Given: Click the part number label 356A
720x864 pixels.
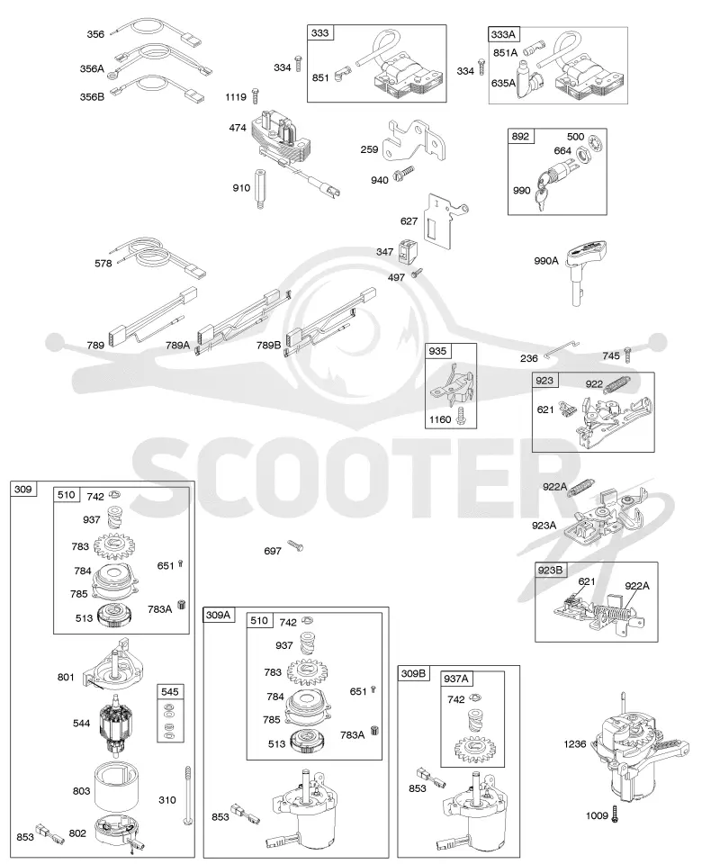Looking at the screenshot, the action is pos(92,69).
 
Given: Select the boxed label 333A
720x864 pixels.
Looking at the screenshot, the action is pos(503,35).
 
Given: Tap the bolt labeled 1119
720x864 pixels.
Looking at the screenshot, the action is pos(255,95).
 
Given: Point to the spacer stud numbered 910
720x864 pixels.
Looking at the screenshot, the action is pos(259,188).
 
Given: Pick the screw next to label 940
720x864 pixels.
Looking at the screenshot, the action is pos(402,174).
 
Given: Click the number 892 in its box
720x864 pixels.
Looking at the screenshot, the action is pos(520,136).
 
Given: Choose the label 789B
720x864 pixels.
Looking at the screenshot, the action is pos(269,346).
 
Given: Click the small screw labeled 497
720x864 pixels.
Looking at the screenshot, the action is pos(416,273).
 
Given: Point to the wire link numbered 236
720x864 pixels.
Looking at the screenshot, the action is pos(562,349).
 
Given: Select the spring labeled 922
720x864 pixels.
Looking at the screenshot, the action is pos(616,384).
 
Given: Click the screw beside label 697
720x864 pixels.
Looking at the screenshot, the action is pos(295,545).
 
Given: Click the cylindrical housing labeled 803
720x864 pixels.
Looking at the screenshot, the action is pos(116,786).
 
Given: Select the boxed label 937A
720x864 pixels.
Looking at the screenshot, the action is pos(456,679).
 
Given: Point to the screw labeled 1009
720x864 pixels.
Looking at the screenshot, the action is pos(616,814).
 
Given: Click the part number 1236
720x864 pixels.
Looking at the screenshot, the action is pos(574,744).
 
